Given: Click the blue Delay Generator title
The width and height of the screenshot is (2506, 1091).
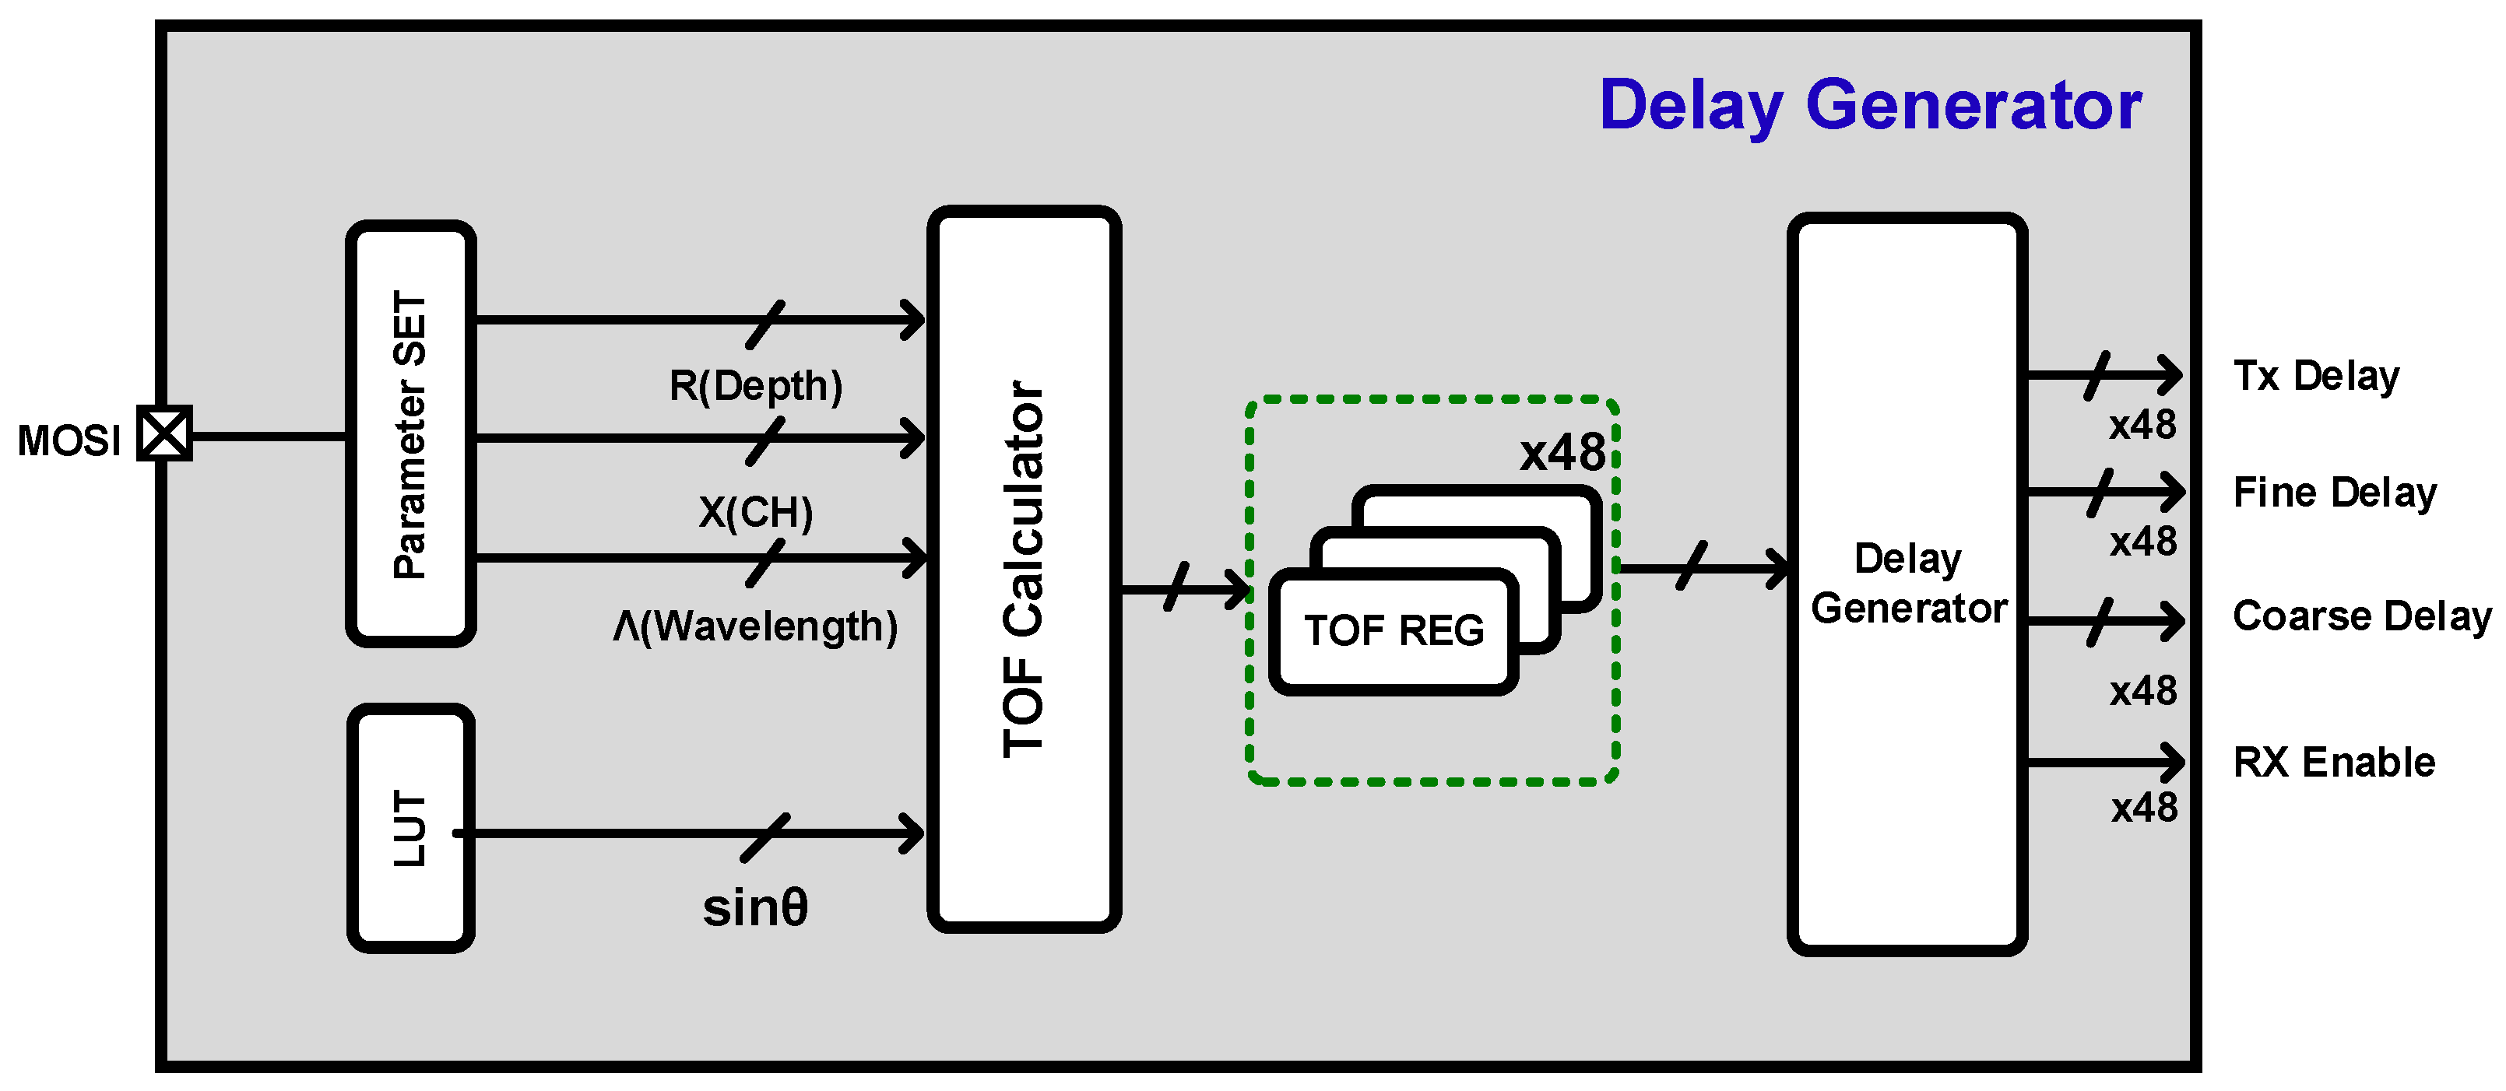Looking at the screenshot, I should [1870, 105].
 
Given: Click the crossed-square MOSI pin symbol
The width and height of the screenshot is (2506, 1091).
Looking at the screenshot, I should [164, 433].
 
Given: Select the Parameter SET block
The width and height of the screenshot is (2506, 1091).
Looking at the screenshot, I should [410, 433].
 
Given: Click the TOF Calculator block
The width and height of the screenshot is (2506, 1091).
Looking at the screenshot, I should [1024, 569].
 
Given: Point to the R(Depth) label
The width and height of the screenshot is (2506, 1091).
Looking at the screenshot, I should [755, 386].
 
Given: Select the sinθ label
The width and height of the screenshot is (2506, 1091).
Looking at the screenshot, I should [755, 908].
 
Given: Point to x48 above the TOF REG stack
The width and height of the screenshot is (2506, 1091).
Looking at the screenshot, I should [1562, 453].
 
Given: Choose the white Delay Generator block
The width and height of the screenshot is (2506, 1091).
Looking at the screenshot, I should [1907, 584].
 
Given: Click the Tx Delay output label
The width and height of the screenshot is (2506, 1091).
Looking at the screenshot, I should [2315, 377].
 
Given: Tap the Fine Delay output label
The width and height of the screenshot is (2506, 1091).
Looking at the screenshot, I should [2334, 493].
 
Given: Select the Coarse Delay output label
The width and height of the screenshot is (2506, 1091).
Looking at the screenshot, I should [2361, 616].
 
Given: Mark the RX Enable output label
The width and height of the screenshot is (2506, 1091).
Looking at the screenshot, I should [2333, 763].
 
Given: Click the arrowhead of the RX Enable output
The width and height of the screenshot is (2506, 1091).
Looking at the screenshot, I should [2171, 763].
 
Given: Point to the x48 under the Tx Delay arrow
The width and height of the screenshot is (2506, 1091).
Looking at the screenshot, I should [2142, 426].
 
